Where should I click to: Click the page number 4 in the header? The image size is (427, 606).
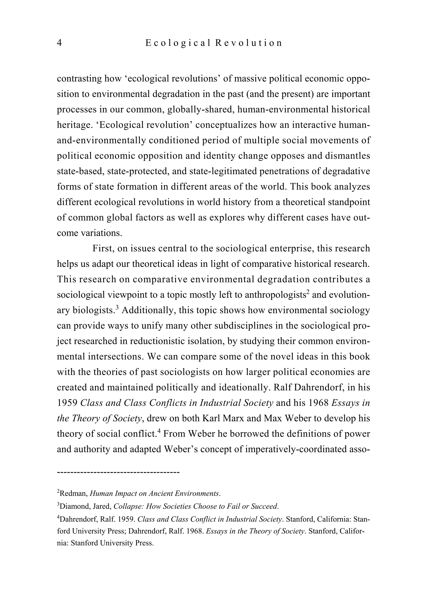coord(59,43)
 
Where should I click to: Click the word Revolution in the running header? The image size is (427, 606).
coord(248,43)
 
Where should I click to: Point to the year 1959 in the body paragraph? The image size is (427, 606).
coord(67,403)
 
